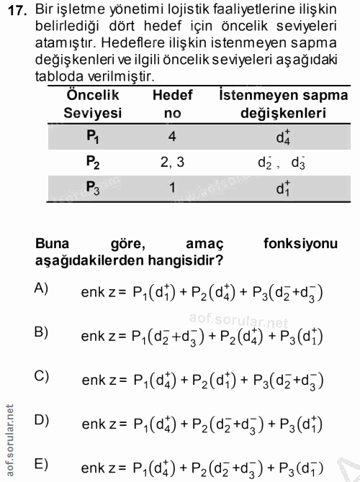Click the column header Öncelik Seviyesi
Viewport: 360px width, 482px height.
pyautogui.click(x=92, y=104)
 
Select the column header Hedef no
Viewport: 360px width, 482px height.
pyautogui.click(x=172, y=104)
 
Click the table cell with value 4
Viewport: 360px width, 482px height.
pyautogui.click(x=172, y=135)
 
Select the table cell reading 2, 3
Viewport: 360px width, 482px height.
pyautogui.click(x=172, y=162)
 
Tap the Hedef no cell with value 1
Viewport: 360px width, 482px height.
pyautogui.click(x=172, y=188)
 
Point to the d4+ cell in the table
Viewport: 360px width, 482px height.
pyautogui.click(x=282, y=135)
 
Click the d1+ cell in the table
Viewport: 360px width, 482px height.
pyautogui.click(x=282, y=189)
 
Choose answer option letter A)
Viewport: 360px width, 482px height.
pyautogui.click(x=41, y=288)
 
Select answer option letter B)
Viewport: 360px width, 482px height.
pyautogui.click(x=41, y=332)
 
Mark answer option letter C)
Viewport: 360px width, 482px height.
pyautogui.click(x=41, y=376)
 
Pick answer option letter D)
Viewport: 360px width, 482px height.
pyautogui.click(x=41, y=419)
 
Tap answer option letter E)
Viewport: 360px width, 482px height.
pyautogui.click(x=41, y=463)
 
